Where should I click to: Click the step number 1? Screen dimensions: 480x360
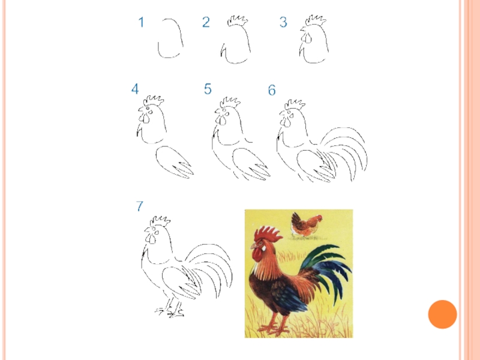pos(141,22)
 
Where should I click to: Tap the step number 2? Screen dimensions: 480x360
pos(206,22)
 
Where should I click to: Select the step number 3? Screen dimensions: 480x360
pos(283,22)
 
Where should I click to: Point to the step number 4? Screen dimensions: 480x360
pos(135,89)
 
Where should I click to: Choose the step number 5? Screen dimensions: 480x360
pos(208,89)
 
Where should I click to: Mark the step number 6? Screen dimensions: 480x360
pos(272,90)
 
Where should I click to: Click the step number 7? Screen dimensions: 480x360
pos(140,206)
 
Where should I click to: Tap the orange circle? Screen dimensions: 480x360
pos(442,314)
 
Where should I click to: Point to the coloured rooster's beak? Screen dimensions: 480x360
pos(254,245)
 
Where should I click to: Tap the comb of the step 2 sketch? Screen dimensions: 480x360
pos(238,22)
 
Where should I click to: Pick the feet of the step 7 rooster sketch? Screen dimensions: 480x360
pos(170,311)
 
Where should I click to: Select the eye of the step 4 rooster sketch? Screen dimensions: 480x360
pos(148,109)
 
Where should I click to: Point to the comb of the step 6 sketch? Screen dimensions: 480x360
pos(295,104)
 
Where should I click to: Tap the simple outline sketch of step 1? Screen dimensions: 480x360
pos(170,38)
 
